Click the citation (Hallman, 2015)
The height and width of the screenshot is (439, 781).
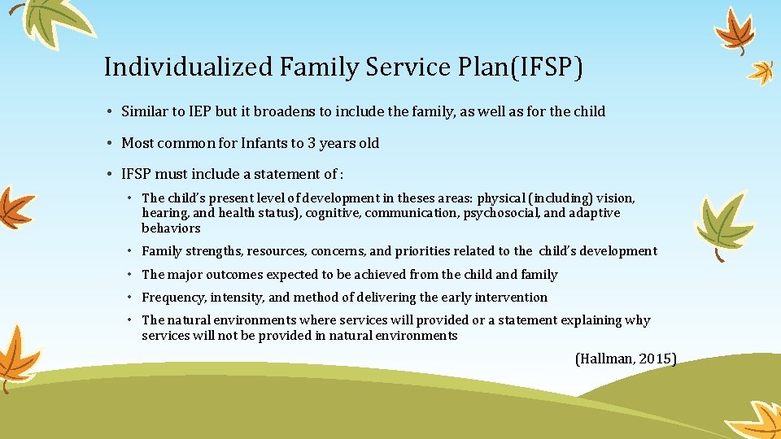(x=626, y=359)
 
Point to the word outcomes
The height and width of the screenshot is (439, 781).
(x=233, y=275)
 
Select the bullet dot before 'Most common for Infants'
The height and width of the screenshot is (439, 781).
(x=109, y=143)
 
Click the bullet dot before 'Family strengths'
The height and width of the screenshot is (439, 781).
(x=130, y=251)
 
